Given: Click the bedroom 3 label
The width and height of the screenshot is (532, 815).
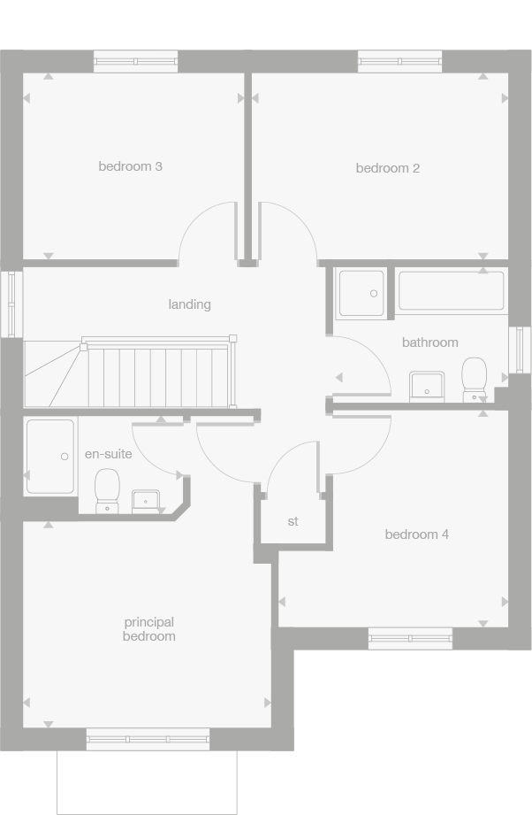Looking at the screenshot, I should click(x=130, y=166).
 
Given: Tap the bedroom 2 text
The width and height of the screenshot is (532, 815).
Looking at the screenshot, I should click(x=387, y=168).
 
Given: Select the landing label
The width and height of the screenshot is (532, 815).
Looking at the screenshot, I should click(x=189, y=304).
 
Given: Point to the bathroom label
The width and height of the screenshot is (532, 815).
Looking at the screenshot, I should click(x=429, y=342).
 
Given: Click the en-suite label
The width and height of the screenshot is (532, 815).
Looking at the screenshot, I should click(x=108, y=454).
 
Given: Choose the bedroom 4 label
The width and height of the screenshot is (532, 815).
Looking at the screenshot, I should click(x=416, y=534).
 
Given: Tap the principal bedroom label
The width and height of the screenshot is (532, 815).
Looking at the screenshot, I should click(x=148, y=629).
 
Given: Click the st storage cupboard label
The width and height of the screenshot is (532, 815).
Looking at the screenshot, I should click(x=293, y=522).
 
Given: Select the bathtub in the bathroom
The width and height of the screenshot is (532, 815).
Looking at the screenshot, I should click(x=451, y=291).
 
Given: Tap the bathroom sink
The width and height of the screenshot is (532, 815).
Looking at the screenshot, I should click(x=426, y=386).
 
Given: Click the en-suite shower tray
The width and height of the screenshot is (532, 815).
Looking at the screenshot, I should click(x=49, y=457).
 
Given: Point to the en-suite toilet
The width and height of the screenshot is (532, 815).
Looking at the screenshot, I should click(x=107, y=489).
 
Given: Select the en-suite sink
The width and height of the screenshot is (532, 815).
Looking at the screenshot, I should click(x=145, y=500).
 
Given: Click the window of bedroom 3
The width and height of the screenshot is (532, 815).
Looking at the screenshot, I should click(x=135, y=62).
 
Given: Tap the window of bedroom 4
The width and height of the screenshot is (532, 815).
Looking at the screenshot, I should click(x=409, y=637).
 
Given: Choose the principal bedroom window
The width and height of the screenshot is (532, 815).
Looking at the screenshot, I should click(x=148, y=738).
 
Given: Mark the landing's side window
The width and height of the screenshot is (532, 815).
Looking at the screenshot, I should click(x=11, y=304).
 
